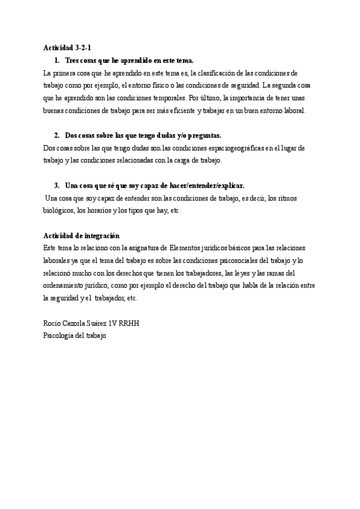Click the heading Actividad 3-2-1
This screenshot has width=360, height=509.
(x=67, y=47)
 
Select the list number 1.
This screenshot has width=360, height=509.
(x=57, y=61)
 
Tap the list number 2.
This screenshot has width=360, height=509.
(x=57, y=136)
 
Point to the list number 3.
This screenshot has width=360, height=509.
(x=57, y=186)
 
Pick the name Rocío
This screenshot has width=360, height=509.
(x=53, y=324)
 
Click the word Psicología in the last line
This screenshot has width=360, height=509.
(x=61, y=336)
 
